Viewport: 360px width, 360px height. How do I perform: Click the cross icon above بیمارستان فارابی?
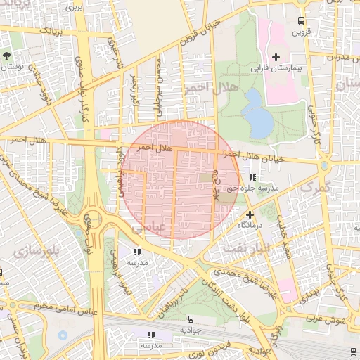click(x=275, y=57)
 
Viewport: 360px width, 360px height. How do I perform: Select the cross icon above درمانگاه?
click(x=250, y=214)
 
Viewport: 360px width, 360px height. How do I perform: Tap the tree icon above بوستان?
click(x=7, y=55)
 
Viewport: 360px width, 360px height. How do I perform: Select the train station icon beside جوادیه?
click(x=172, y=319)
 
